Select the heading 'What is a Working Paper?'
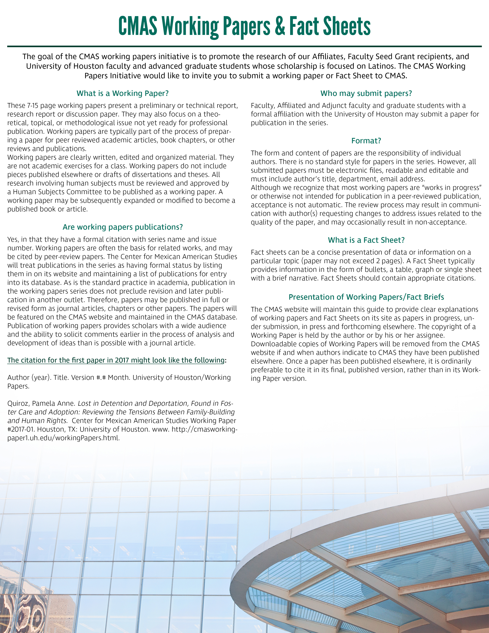pos(123,93)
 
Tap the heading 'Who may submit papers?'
pos(366,93)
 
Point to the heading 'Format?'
pos(366,141)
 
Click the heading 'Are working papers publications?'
pos(123,227)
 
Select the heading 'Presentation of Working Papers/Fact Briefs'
pos(366,297)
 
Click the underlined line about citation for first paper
pos(116,360)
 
